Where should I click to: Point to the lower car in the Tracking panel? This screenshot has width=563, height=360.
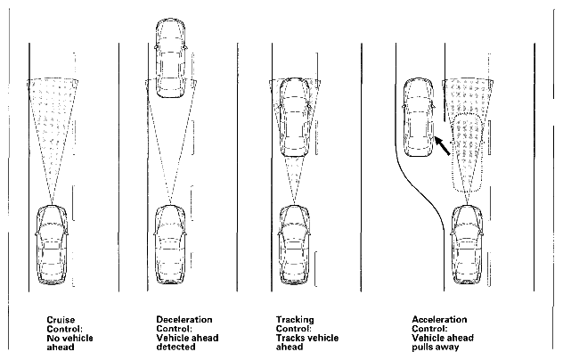point(293,246)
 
